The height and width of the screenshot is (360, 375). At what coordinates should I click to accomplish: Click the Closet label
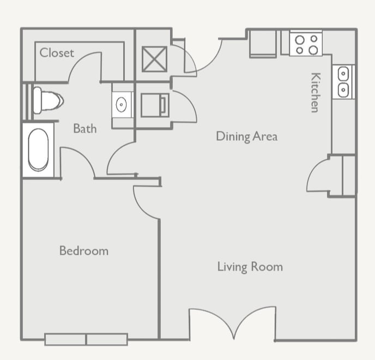(57, 53)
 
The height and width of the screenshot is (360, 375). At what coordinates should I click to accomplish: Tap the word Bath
(85, 129)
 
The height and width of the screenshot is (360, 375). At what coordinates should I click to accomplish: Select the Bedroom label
(84, 251)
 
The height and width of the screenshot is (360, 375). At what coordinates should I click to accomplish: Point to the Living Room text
(250, 267)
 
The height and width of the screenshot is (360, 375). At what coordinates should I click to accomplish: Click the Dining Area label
(246, 136)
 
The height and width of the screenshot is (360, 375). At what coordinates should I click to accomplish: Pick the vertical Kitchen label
(315, 92)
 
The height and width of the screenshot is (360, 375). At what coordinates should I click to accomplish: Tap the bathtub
(38, 149)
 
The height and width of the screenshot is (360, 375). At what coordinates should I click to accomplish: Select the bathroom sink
(122, 103)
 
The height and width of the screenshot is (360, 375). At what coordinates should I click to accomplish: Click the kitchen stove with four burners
(306, 44)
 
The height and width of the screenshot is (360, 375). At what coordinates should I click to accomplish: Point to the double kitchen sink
(343, 82)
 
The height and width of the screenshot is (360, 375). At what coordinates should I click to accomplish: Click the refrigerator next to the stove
(263, 44)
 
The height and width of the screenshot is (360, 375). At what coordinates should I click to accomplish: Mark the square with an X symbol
(154, 59)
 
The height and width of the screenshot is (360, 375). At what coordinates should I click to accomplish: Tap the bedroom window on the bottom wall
(86, 339)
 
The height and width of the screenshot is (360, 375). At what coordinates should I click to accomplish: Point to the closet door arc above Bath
(84, 65)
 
